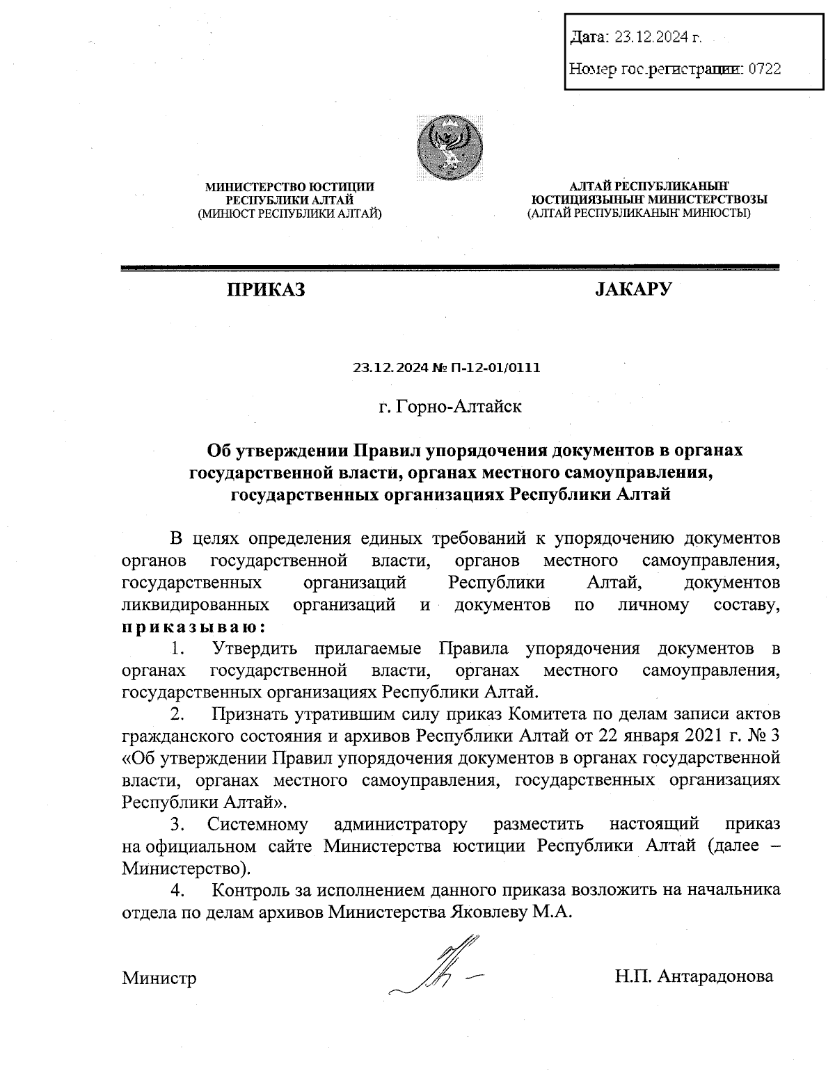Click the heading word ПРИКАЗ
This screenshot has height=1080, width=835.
coord(264,289)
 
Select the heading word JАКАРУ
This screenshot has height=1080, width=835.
coord(633,289)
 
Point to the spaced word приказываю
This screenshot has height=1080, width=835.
coord(193,627)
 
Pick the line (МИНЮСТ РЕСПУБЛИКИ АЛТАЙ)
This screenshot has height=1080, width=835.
coord(289,213)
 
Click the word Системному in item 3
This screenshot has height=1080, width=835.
coord(257,825)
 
